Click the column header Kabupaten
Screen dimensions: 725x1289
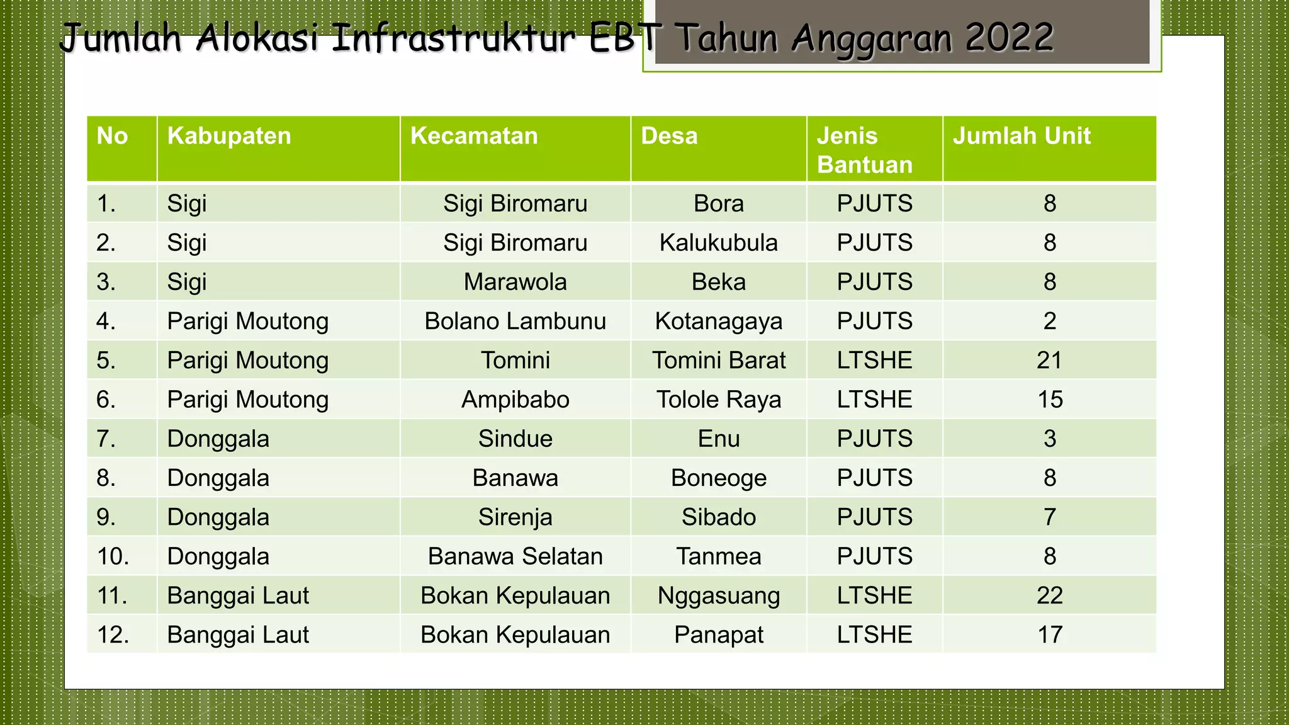coord(229,137)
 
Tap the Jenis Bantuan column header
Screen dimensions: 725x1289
coord(864,150)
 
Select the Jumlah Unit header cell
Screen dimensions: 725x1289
coord(1022,137)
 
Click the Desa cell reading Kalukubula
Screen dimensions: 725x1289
coord(718,243)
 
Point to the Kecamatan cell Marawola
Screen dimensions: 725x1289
coord(515,282)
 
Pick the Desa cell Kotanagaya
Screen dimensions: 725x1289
coord(718,322)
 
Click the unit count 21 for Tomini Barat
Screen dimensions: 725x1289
coord(1049,361)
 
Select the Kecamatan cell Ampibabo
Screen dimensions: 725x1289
coord(515,400)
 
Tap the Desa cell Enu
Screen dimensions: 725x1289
coord(718,439)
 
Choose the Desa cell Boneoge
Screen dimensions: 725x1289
coord(718,478)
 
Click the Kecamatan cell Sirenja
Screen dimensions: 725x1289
coord(515,517)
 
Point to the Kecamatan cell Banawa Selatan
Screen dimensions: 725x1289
coord(515,556)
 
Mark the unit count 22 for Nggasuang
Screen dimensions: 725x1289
coord(1049,595)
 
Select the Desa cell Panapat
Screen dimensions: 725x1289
coord(718,635)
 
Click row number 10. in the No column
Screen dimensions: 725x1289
coord(113,556)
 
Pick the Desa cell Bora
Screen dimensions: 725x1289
coord(718,204)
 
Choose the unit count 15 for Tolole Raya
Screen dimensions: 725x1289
coord(1049,400)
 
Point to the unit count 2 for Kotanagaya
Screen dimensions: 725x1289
coord(1049,322)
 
